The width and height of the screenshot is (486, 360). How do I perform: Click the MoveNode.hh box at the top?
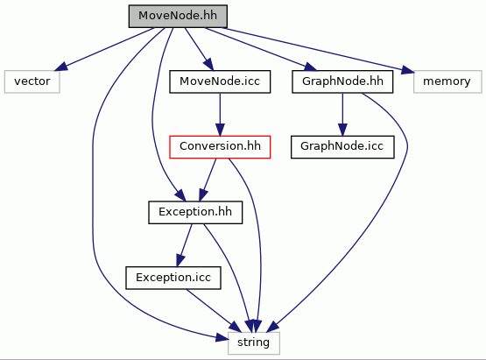178,16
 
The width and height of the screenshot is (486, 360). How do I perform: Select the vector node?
32,81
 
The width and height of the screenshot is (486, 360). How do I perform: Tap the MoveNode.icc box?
220,81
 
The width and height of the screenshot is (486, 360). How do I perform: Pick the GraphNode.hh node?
342,81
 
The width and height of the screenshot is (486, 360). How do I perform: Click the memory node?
447,81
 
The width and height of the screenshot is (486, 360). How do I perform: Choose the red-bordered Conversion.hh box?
220,147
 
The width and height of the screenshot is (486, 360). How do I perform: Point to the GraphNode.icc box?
342,147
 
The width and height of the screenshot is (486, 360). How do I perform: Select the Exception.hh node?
195,212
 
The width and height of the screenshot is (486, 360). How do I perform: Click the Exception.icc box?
173,278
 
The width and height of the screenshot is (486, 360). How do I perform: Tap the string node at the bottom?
254,343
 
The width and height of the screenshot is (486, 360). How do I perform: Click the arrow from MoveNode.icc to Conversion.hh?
220,115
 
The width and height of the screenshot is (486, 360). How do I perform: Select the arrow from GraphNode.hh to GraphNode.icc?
342,115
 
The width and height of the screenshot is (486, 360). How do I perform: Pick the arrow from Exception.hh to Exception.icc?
184,245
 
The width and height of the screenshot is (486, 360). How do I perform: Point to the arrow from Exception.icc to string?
214,311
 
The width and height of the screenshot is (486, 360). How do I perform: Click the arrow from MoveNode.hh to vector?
105,49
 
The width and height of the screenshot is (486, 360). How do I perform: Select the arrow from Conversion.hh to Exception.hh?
208,180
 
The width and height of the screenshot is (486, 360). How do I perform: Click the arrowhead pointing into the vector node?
60,67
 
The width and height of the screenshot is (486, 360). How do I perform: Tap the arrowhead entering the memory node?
407,70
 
